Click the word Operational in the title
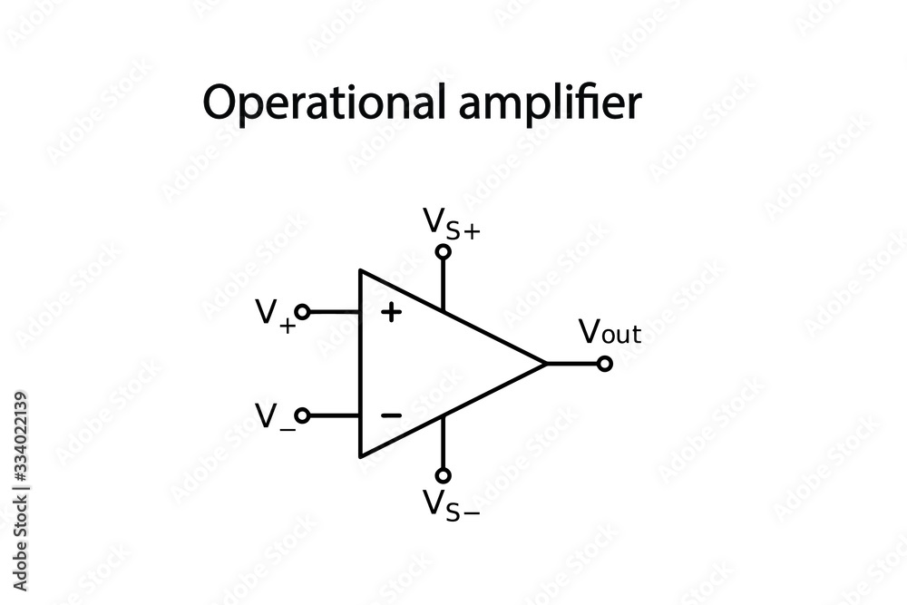[x=318, y=104]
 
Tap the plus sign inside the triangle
[x=391, y=313]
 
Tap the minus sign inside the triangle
[x=391, y=415]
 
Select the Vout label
[x=610, y=333]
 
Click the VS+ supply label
[x=451, y=222]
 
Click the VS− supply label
[x=451, y=503]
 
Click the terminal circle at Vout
[x=605, y=364]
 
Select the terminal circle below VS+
[x=443, y=252]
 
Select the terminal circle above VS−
[x=443, y=474]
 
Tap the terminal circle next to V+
[x=303, y=312]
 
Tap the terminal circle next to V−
[x=303, y=415]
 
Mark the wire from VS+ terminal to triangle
[x=443, y=283]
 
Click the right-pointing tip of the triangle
[x=545, y=364]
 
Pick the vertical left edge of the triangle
[x=361, y=363]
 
